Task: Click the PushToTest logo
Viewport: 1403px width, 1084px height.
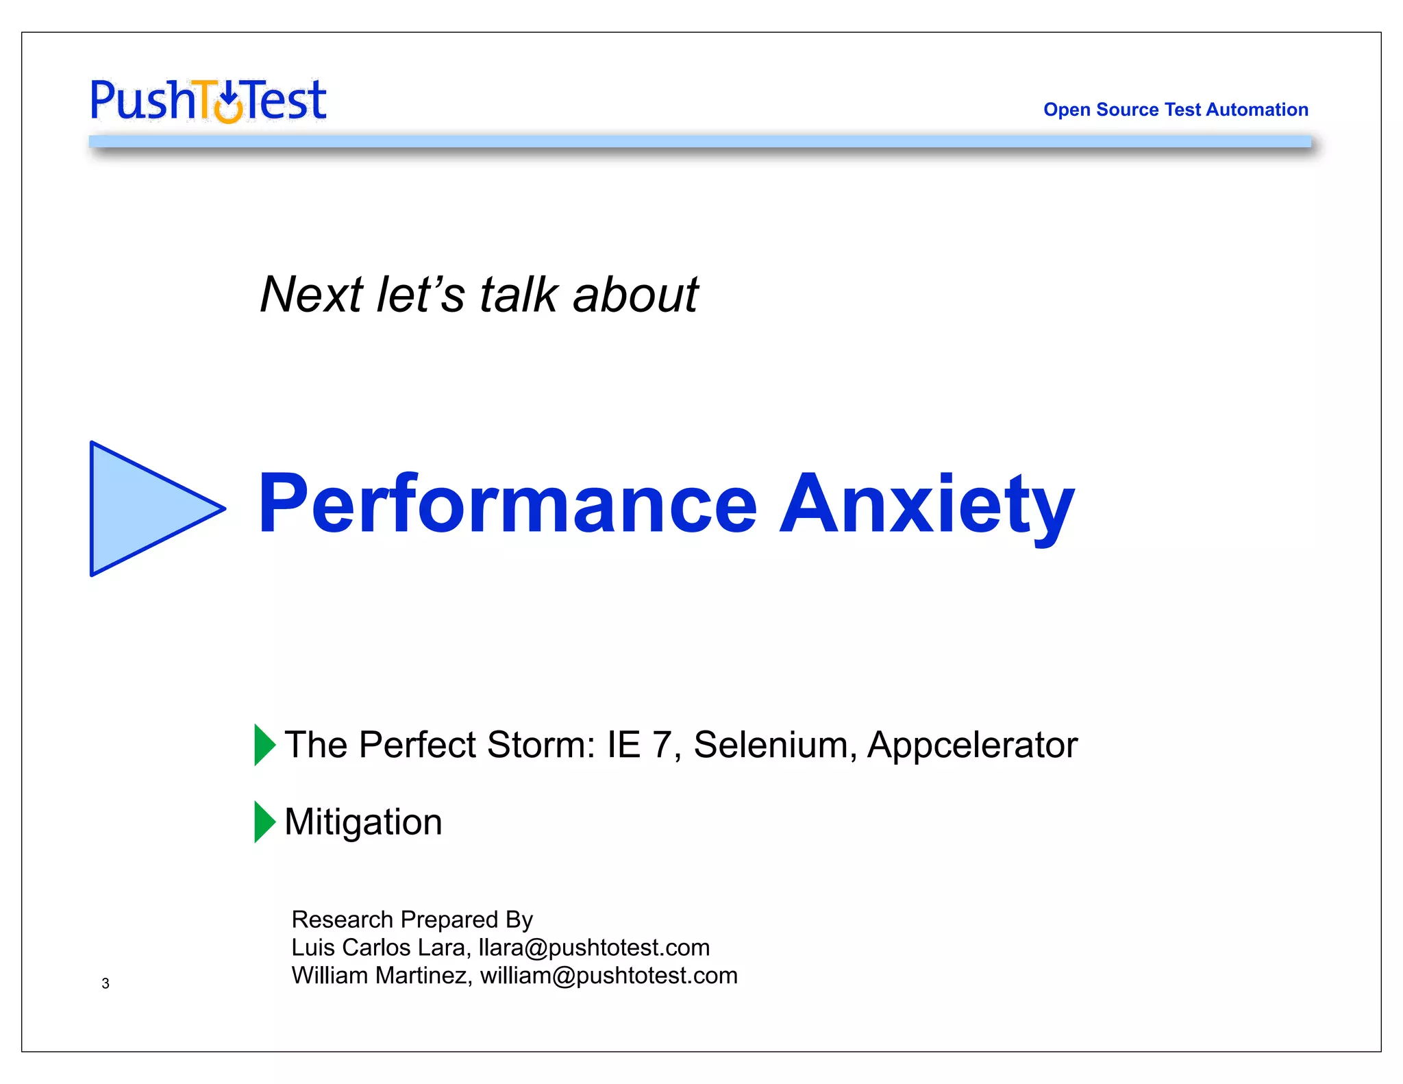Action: [x=208, y=101]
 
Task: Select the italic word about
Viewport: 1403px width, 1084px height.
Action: [x=635, y=295]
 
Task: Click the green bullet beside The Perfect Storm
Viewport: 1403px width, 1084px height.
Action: [x=264, y=744]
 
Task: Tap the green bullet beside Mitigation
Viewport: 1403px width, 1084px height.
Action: [x=264, y=821]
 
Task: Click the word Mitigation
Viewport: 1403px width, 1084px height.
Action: [x=363, y=822]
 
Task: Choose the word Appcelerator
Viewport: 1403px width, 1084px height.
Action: [x=972, y=745]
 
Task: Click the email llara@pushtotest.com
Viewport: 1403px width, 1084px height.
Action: [x=594, y=948]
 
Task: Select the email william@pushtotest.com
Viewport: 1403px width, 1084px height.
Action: [x=608, y=976]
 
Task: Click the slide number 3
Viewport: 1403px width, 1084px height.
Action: [x=105, y=983]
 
